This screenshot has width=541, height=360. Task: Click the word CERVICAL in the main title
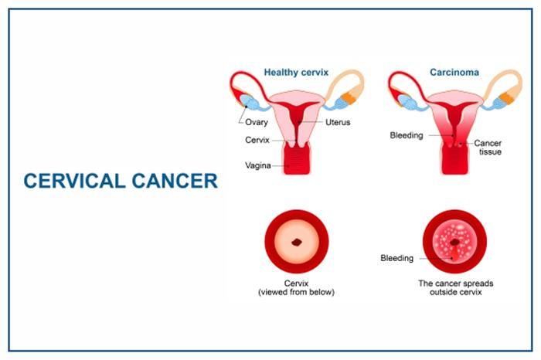(x=74, y=181)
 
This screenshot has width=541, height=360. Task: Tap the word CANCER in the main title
(x=175, y=181)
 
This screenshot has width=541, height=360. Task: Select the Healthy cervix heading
(x=296, y=73)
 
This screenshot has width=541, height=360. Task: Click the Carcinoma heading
(x=454, y=73)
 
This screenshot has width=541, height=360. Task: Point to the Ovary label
(x=257, y=122)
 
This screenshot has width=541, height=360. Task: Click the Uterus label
(x=338, y=122)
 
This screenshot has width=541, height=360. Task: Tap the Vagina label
(x=258, y=165)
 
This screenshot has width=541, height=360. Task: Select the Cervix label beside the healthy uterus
(x=257, y=140)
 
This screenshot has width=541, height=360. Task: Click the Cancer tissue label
(x=488, y=148)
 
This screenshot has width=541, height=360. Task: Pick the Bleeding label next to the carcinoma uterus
(x=407, y=135)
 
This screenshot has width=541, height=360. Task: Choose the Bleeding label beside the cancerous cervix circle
(x=396, y=258)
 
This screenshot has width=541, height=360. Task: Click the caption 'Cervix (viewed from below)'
(x=296, y=287)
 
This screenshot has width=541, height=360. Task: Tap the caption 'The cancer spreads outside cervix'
(x=456, y=287)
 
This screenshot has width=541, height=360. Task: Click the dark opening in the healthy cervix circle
(x=297, y=243)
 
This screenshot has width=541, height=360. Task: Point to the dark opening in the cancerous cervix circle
(x=454, y=243)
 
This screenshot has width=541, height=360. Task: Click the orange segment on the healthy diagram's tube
(x=349, y=97)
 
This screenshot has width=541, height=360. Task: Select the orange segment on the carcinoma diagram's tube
(x=506, y=97)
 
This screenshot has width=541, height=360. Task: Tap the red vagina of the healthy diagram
(x=297, y=159)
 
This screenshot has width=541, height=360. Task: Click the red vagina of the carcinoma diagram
(x=455, y=159)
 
